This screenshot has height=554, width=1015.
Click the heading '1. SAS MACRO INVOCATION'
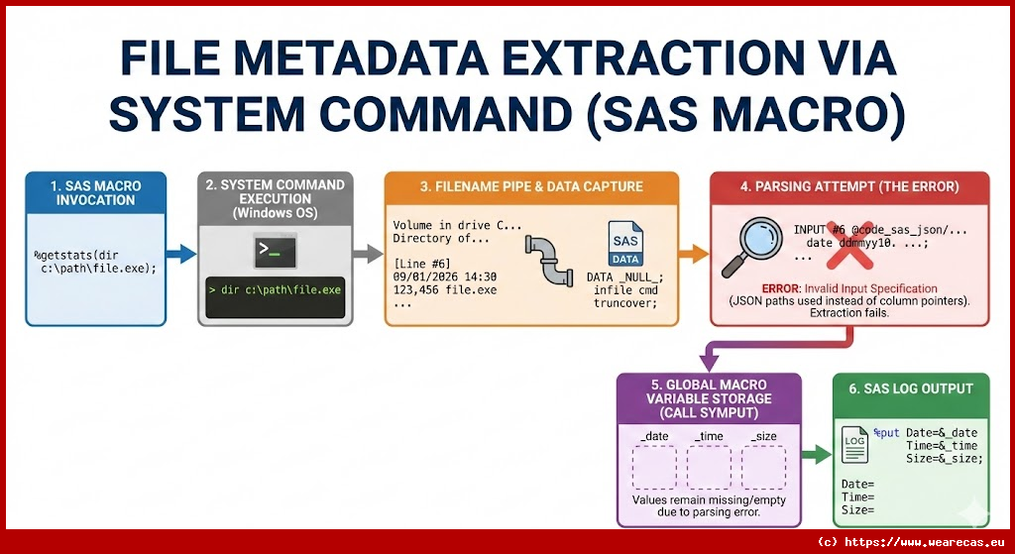tap(95, 192)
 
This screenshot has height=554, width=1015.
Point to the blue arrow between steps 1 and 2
tap(182, 255)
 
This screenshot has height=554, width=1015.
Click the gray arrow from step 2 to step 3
tap(368, 255)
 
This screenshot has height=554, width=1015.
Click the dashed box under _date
tap(653, 466)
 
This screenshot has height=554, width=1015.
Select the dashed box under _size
tap(763, 466)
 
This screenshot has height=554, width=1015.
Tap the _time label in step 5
tap(709, 436)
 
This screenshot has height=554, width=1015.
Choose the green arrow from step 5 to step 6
tap(815, 455)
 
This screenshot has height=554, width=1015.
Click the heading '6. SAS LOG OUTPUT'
tap(910, 388)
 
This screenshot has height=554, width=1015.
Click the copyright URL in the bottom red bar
tap(913, 542)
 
